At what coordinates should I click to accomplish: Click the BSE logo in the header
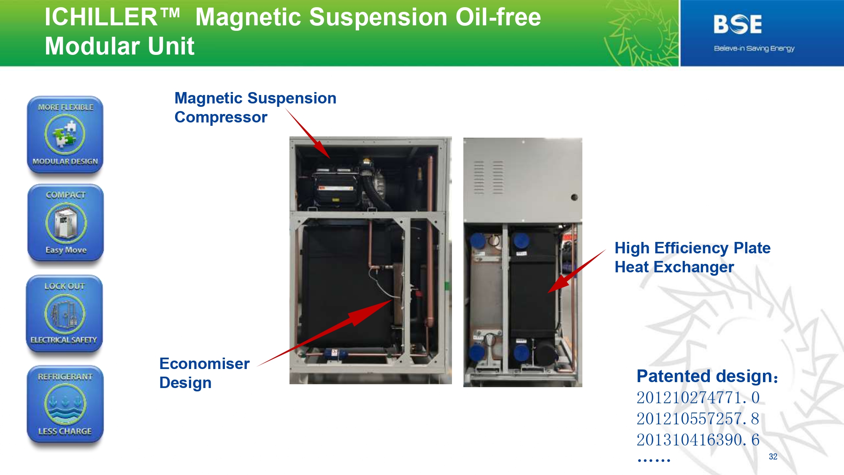[738, 24]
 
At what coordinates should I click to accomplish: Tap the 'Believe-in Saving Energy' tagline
[754, 49]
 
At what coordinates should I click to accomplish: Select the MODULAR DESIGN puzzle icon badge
[65, 135]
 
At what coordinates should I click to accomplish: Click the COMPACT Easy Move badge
[65, 223]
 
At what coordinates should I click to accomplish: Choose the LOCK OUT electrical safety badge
[65, 314]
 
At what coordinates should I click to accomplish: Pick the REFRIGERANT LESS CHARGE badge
[65, 404]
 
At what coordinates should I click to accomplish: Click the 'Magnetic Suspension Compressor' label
[255, 108]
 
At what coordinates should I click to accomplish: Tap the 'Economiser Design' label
[204, 373]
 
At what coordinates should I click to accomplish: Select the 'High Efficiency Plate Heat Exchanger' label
[693, 258]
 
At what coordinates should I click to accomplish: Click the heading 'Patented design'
[707, 376]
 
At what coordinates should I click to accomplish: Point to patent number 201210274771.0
[698, 398]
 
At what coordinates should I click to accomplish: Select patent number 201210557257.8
[698, 419]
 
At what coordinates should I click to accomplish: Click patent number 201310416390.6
[698, 440]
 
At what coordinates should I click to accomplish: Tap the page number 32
[773, 456]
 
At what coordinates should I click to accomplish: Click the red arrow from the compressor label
[308, 133]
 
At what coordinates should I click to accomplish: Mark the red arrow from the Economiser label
[325, 333]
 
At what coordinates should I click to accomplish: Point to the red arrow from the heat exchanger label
[577, 271]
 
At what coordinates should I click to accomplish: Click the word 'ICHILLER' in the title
[101, 17]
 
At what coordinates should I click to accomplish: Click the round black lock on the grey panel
[574, 197]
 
